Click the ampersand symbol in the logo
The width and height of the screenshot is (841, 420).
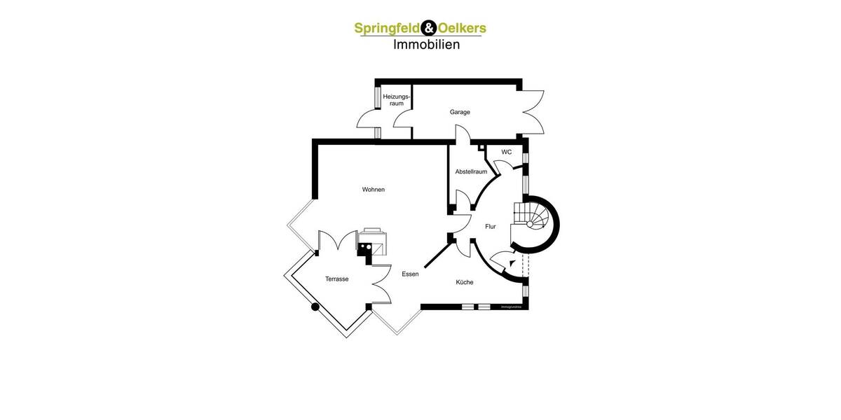pos(429,29)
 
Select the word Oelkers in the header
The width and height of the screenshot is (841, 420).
pos(462,29)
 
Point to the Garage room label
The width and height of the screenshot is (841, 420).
pos(460,112)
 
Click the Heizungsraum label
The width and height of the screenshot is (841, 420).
pos(397,99)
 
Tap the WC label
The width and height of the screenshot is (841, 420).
pos(506,152)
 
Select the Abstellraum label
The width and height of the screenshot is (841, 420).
pos(471,171)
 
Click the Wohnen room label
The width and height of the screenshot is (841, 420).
pos(373,190)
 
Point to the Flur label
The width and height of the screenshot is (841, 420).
pos(491,226)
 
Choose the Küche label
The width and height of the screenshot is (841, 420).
pos(465,282)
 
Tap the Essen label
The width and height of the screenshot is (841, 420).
pos(410,274)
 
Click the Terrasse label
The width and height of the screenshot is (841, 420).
pos(336,279)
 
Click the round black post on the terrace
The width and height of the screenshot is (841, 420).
pos(315,306)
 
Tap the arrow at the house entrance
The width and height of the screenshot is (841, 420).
pos(513,264)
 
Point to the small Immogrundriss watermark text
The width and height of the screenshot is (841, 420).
pos(512,307)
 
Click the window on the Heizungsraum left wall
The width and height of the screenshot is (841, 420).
pos(377,97)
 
